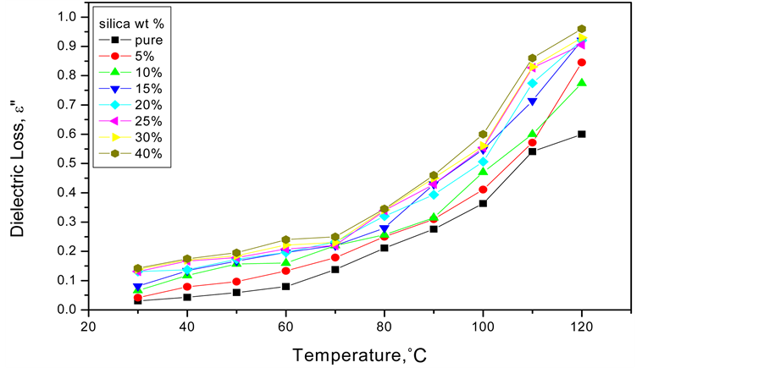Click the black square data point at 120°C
tap(582, 134)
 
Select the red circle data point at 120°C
tap(582, 63)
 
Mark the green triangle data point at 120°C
tap(582, 83)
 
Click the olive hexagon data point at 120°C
tap(582, 29)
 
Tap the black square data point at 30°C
tap(137, 300)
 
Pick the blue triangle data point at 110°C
tap(533, 102)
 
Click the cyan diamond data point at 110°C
tap(533, 83)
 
